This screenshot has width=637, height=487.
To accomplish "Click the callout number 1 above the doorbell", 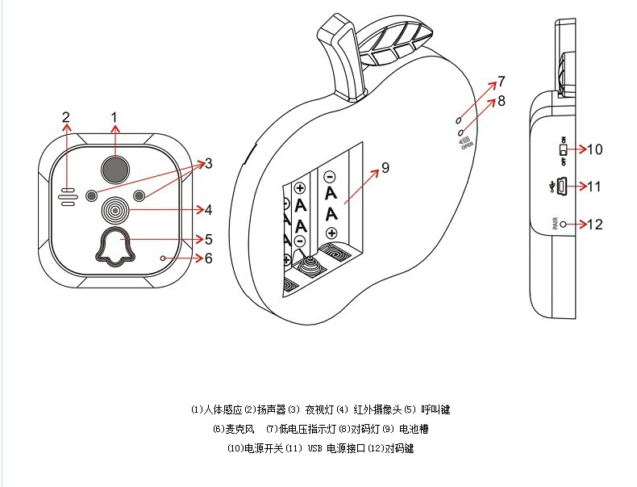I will coord(114,117).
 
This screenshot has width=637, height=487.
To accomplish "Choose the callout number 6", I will coord(208,258).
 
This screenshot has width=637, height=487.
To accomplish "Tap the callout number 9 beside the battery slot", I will coord(385,167).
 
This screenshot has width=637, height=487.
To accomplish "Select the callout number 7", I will coord(501,82).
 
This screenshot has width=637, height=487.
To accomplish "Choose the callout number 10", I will coord(595,149).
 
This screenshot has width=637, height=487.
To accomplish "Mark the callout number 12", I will coord(595,225).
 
